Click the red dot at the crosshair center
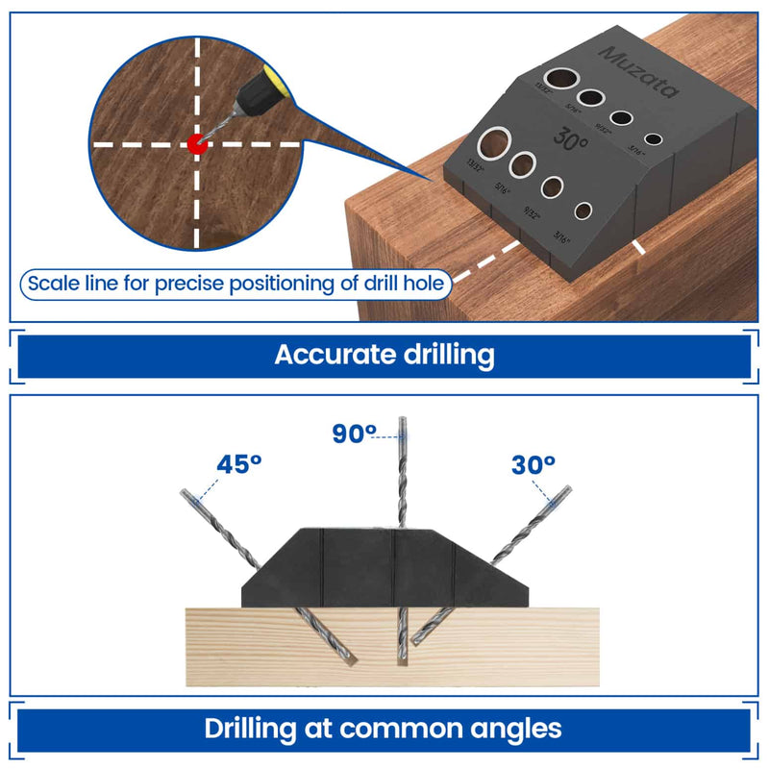point(197,144)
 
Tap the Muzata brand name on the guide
point(637,69)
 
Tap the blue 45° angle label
point(239,464)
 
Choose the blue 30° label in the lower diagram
point(533,464)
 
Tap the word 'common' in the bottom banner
point(397,727)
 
